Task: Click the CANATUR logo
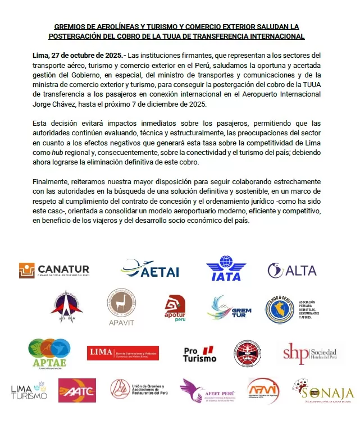pos(54,271)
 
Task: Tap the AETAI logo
pos(149,269)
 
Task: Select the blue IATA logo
pos(226,268)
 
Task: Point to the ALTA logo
pos(292,271)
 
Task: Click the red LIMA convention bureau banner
pos(123,353)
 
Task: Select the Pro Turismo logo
pos(199,354)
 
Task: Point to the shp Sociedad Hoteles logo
pos(309,353)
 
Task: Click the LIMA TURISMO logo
pos(29,391)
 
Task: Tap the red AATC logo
pos(77,390)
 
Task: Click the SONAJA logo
pos(323,391)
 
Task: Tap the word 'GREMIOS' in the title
pos(71,26)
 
